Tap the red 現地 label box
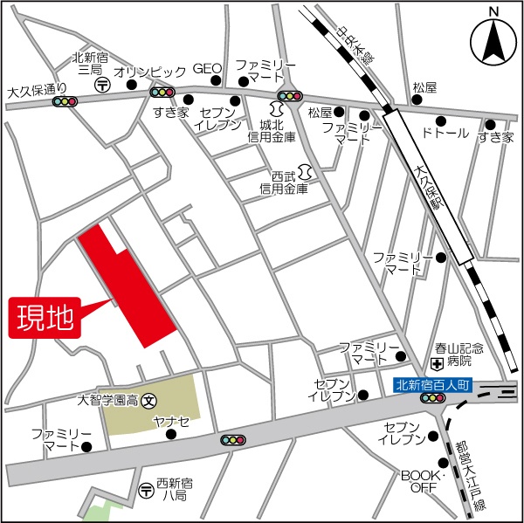tap(45, 317)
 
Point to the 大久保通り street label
tap(36, 89)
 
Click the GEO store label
tap(207, 68)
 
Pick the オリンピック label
tap(150, 71)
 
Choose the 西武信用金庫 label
tap(284, 182)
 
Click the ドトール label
tap(445, 134)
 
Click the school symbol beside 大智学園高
tap(148, 401)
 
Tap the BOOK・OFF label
tap(418, 480)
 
